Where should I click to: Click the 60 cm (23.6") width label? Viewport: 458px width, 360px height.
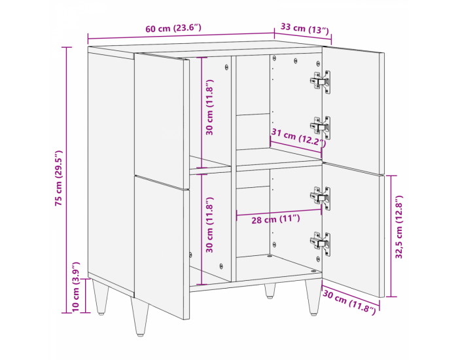[x=173, y=28]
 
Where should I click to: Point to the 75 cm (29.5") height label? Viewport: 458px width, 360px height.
[x=58, y=178]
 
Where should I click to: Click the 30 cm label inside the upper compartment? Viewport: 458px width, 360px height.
[x=210, y=107]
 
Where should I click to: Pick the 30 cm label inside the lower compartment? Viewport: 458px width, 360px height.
[x=210, y=226]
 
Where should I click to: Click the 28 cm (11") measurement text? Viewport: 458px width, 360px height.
[x=275, y=220]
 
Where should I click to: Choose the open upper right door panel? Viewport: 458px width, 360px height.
[x=353, y=105]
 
